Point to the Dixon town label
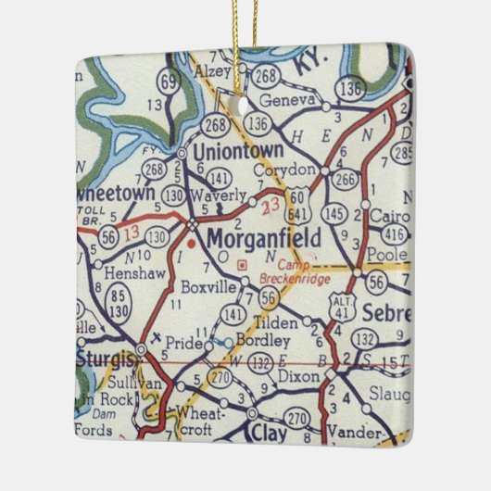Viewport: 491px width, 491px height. (x=296, y=378)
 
